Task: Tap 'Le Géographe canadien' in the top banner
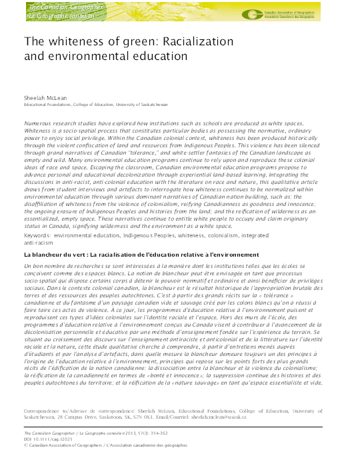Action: point(55,14)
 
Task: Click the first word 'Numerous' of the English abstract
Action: point(39,125)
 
